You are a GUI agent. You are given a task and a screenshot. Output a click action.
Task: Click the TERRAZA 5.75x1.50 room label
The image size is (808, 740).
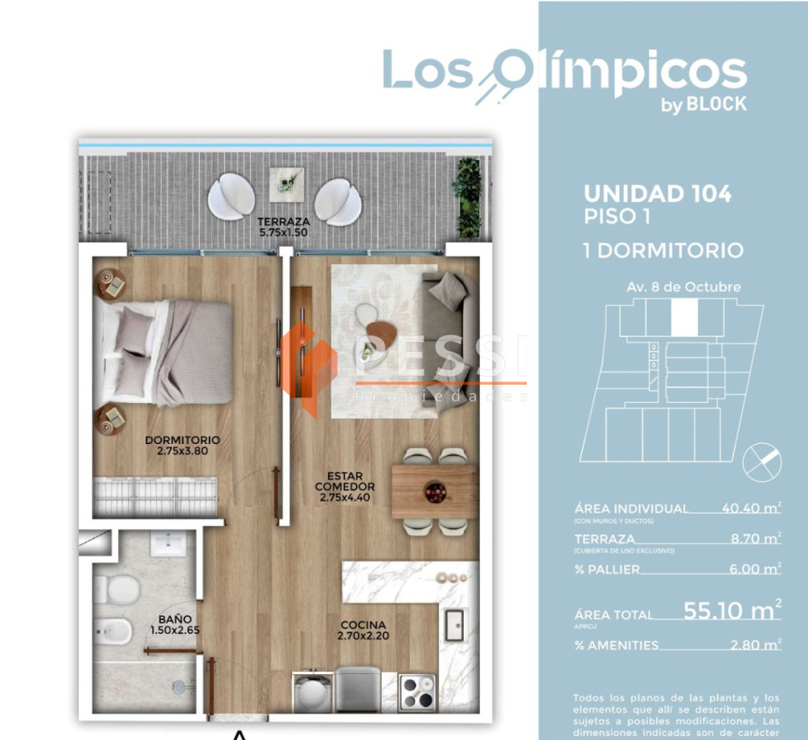283,227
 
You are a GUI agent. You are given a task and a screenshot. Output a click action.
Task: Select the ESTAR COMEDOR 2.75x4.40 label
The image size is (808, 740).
345,486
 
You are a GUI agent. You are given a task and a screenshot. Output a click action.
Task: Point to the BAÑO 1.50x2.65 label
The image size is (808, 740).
175,625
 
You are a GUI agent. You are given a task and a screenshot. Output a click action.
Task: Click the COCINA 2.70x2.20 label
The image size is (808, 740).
362,630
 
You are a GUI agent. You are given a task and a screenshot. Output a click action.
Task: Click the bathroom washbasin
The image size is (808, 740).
171,544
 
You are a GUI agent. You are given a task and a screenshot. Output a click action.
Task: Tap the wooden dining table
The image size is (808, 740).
434,491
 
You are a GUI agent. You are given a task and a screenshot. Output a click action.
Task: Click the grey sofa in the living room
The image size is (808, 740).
449,329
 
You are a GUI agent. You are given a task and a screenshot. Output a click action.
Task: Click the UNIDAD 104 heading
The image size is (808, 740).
657,194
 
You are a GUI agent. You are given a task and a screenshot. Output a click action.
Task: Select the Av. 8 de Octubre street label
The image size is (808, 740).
683,287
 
